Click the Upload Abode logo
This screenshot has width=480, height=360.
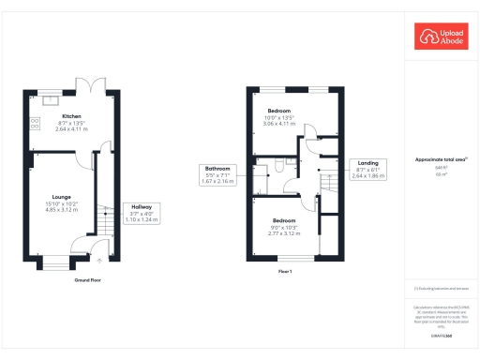click(441, 37)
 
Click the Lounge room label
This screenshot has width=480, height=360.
click(49, 197)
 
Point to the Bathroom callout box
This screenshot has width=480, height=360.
click(217, 173)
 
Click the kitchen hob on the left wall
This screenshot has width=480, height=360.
click(36, 122)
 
